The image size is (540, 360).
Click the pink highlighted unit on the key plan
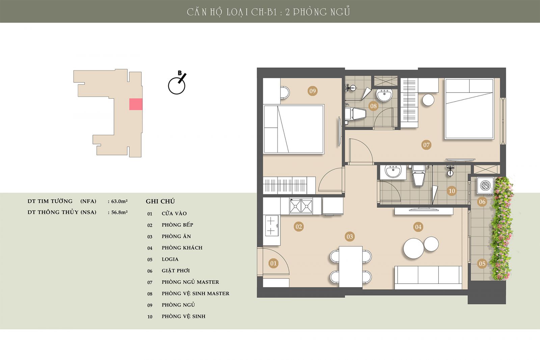[x=136, y=104]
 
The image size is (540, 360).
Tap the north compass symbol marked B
[x=177, y=83]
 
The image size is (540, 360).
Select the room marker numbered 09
[x=313, y=91]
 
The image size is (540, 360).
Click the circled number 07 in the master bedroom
[x=426, y=145]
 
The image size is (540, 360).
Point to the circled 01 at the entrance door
[x=273, y=263]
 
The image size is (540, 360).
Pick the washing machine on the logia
[x=485, y=186]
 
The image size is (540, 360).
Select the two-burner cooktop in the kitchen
[x=271, y=226]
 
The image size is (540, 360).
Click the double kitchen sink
[x=301, y=206]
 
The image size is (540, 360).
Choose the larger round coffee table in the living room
[x=414, y=248]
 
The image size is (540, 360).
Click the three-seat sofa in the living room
[x=428, y=277]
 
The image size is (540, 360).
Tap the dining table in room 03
[x=351, y=267]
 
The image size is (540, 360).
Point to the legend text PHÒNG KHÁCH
[x=182, y=248]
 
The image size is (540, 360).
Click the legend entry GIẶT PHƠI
[x=176, y=271]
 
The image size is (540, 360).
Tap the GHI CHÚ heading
[x=160, y=201]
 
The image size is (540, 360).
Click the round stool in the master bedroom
[x=428, y=100]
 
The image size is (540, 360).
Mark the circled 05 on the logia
[x=482, y=264]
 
